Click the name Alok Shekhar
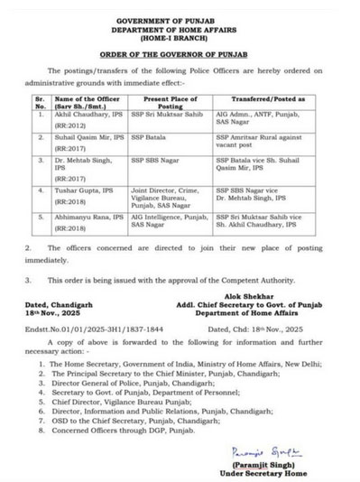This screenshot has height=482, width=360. [254, 299]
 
